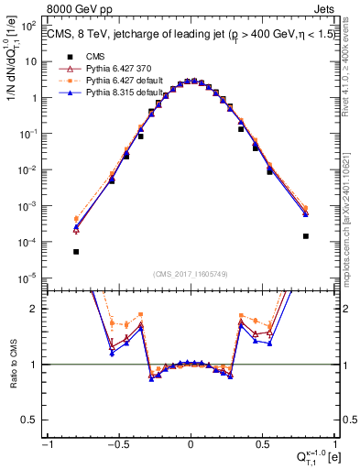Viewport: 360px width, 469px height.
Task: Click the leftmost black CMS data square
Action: point(76,251)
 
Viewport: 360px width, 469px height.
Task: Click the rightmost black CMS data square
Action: point(305,235)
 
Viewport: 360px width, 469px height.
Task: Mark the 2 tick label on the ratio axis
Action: point(36,309)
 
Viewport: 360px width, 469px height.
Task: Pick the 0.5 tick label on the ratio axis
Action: point(32,420)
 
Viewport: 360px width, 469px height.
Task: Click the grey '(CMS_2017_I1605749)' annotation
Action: point(190,274)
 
